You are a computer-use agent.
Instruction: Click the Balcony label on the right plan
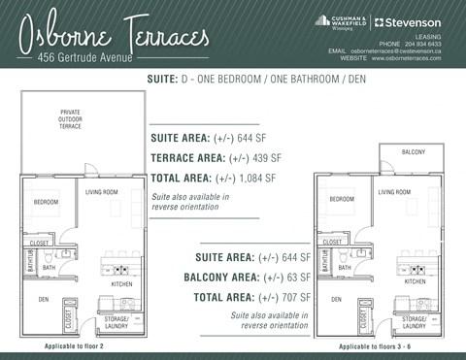point(413,152)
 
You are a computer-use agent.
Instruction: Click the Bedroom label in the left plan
point(46,202)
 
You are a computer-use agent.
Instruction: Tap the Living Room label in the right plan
point(394,192)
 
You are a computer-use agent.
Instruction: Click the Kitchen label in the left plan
point(122,283)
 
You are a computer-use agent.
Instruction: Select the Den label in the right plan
point(335,299)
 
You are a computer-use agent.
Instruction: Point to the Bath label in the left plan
point(49,267)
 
